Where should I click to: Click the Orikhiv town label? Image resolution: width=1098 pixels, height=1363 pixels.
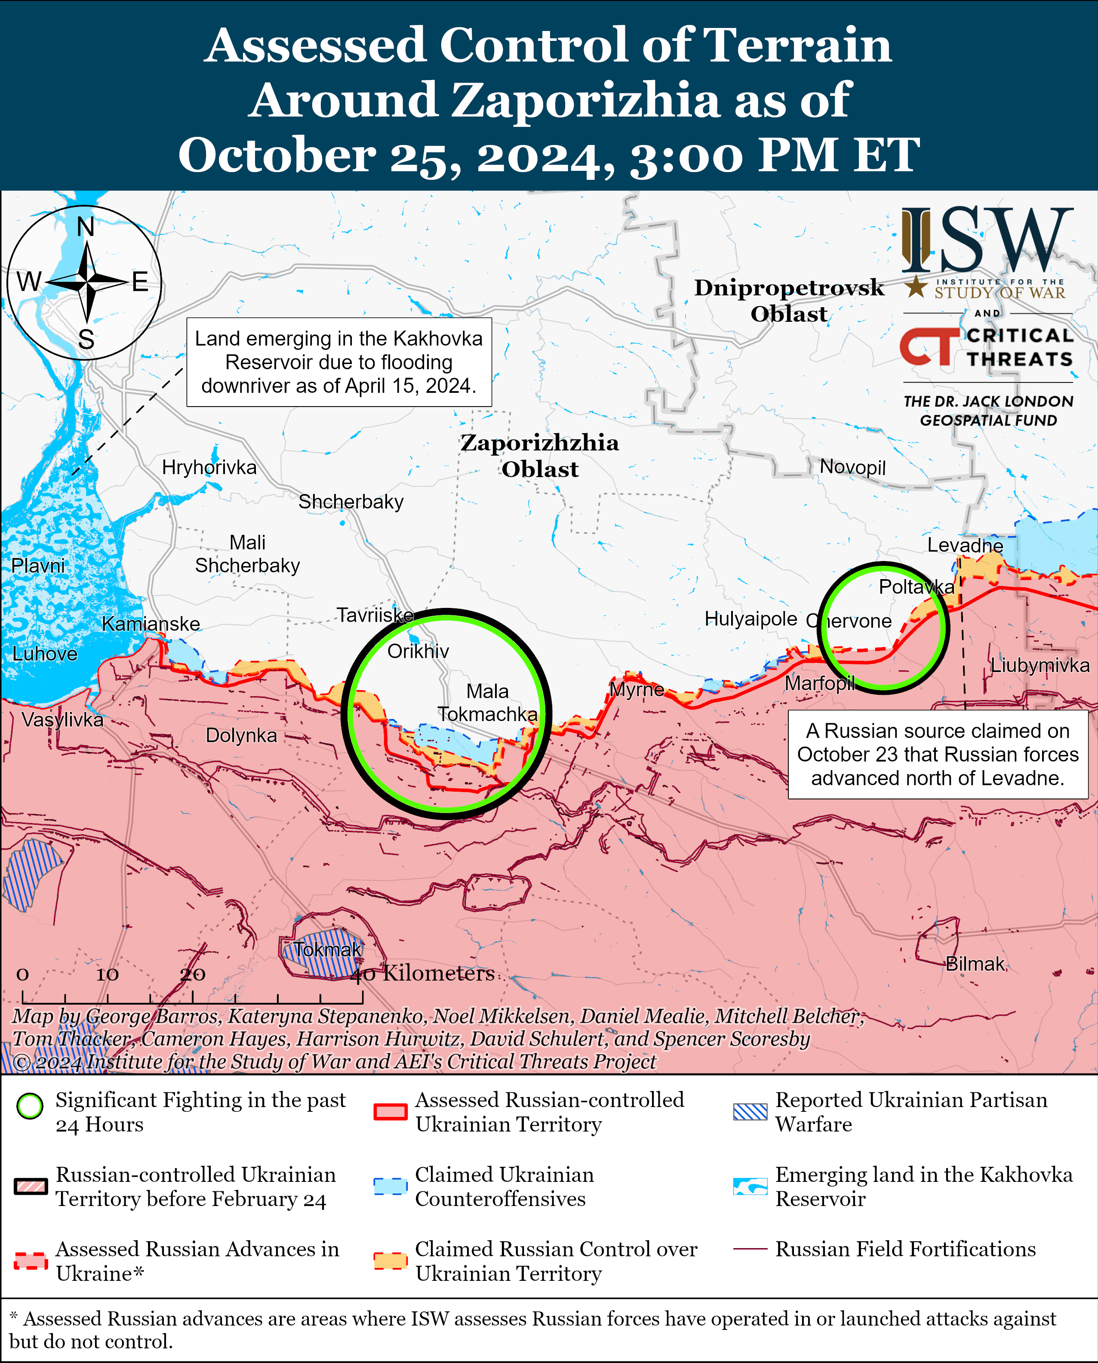coord(418,651)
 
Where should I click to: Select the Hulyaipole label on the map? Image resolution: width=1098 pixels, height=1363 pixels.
coord(751,618)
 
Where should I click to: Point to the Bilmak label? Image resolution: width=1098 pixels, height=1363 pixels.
coord(975,964)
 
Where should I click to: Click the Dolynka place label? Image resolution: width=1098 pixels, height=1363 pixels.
coord(241,735)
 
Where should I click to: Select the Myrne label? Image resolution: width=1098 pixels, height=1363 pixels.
coord(636,689)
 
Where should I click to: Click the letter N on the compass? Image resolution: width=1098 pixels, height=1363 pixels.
coord(86,227)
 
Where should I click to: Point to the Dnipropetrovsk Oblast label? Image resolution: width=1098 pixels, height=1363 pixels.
coord(789,300)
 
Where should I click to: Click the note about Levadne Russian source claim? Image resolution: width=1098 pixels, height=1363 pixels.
coord(937,754)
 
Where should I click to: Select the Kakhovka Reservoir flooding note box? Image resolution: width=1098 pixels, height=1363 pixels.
coord(339,362)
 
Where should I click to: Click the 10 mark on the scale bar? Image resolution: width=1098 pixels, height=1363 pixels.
coord(107,974)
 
